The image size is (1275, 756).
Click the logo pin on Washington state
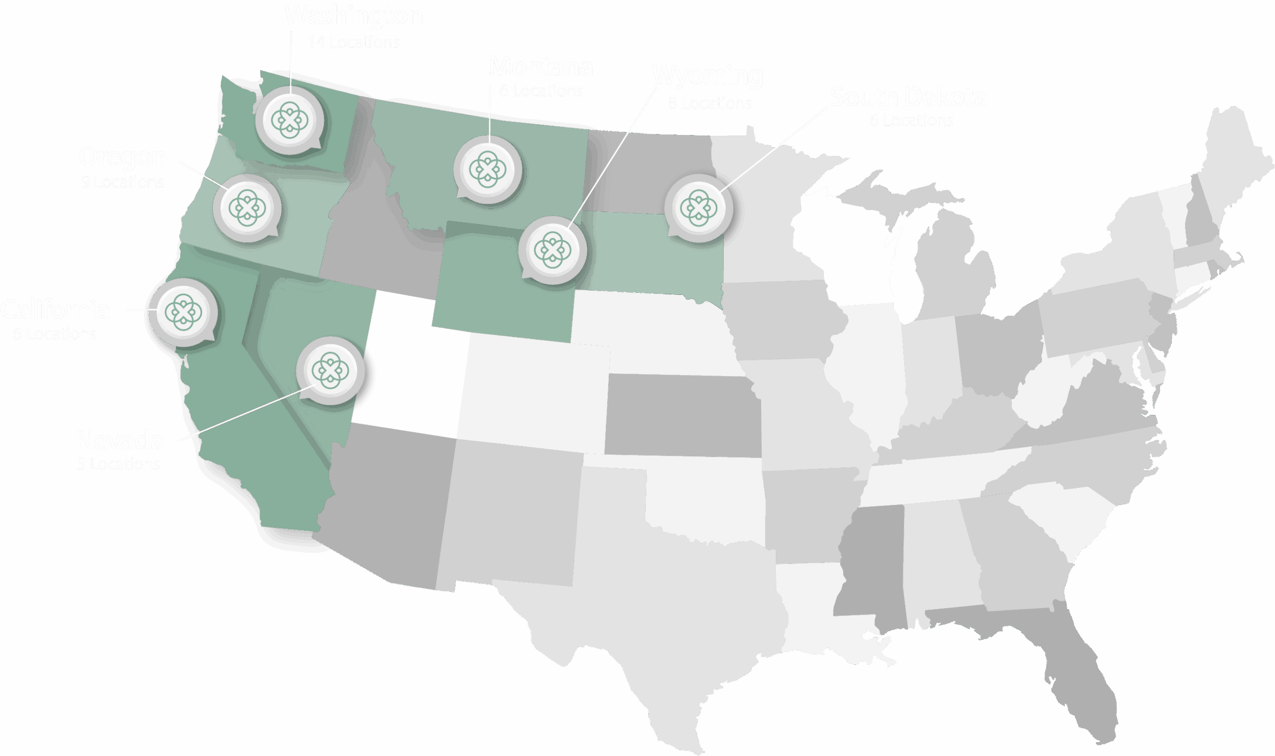pyautogui.click(x=289, y=121)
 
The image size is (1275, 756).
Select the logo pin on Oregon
pyautogui.click(x=247, y=208)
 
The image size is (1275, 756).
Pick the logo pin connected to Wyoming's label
pyautogui.click(x=553, y=250)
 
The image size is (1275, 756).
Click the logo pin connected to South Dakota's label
pyautogui.click(x=698, y=208)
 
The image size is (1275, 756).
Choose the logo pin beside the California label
pyautogui.click(x=183, y=312)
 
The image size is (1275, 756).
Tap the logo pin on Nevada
pyautogui.click(x=330, y=371)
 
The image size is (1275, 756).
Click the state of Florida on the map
pyautogui.click(x=1080, y=677)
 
